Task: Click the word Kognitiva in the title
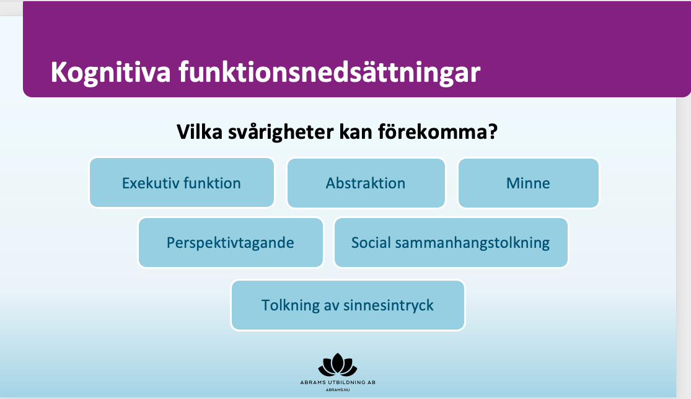(x=110, y=72)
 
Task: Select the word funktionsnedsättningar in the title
(x=329, y=72)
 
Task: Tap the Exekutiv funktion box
(x=182, y=183)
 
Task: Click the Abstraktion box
(x=366, y=183)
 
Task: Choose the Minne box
(x=529, y=183)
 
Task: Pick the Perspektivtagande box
(x=231, y=243)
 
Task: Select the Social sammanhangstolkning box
(x=451, y=243)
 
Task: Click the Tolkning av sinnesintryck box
(x=348, y=305)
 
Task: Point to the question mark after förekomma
(x=493, y=131)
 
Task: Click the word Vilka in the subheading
(x=200, y=131)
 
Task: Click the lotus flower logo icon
(x=338, y=365)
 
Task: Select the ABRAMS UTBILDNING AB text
(x=338, y=382)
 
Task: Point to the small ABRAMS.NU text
(x=338, y=390)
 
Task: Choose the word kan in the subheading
(x=356, y=131)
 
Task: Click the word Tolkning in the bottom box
(x=291, y=305)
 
